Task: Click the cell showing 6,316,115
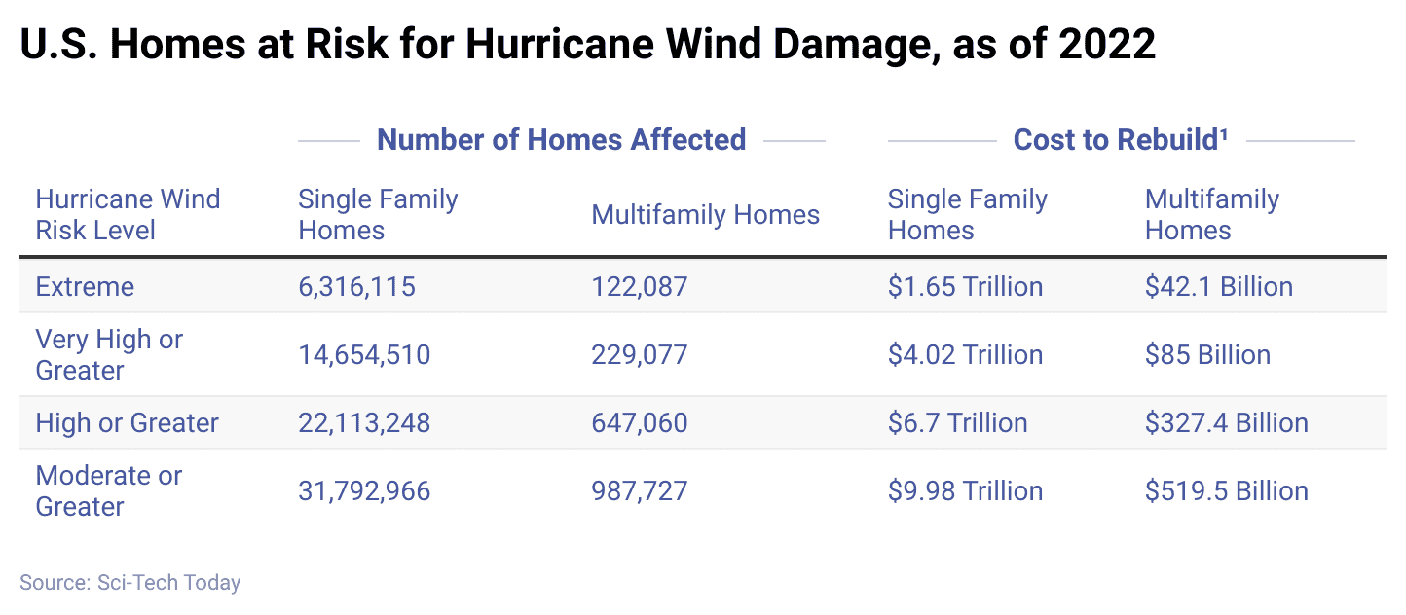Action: pos(356,287)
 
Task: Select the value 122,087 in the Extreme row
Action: pos(639,287)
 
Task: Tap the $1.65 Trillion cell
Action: pos(965,287)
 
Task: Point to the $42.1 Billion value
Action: pos(1218,287)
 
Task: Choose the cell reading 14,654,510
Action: pos(363,355)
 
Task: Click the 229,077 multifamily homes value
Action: pos(639,355)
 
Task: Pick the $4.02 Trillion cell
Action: pos(965,355)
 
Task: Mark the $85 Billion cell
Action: pos(1207,355)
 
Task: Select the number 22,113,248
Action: pos(363,423)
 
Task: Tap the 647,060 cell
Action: pos(639,423)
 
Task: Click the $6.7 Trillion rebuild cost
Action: pos(957,423)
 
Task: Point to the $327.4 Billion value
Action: pos(1226,423)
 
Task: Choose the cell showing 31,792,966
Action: pos(363,491)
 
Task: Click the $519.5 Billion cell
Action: pos(1226,491)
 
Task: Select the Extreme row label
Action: pos(85,287)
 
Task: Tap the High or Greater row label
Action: pos(127,423)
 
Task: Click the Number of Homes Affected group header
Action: pos(561,140)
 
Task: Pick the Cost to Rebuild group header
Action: pos(1120,140)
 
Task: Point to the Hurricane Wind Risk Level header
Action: pos(128,215)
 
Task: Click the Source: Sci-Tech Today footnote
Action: pos(129,583)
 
